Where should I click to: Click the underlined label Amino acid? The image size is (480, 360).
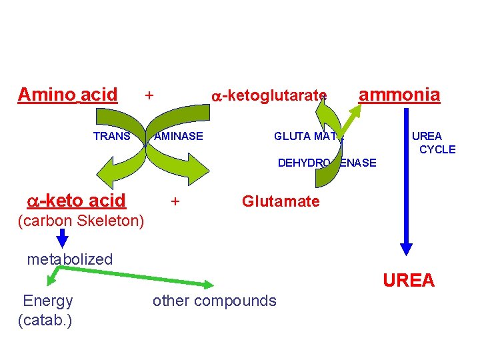coord(67,95)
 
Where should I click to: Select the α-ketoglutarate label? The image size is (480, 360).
coord(269,96)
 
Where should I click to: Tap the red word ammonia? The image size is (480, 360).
coord(399,95)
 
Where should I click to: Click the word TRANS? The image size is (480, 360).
coord(113,137)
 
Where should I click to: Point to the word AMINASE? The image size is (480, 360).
coord(178,137)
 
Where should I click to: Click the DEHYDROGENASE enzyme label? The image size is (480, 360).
coord(327,163)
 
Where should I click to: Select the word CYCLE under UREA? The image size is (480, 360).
coord(437,149)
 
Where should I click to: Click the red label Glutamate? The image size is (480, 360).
coord(281,201)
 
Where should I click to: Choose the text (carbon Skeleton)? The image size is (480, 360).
coord(81,220)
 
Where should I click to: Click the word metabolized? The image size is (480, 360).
coord(70,259)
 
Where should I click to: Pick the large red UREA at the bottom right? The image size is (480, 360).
coord(409,281)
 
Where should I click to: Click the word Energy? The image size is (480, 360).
coord(48,301)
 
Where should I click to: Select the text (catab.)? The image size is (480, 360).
coord(45,320)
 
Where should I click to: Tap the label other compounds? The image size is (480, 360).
coord(214,301)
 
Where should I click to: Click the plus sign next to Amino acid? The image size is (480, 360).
coord(149,95)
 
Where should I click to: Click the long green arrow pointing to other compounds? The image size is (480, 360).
coord(133,275)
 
